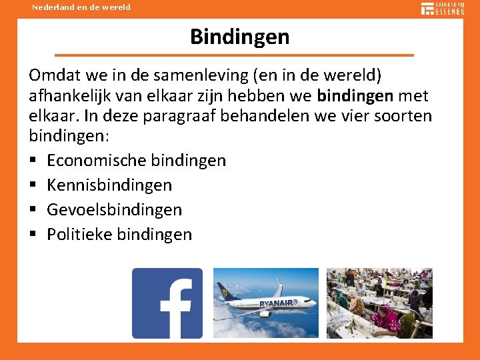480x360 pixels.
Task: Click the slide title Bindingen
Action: pos(239,37)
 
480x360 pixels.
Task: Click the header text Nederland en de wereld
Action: pos(81,7)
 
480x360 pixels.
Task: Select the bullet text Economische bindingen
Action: pos(136,161)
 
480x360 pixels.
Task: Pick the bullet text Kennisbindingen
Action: pos(109,185)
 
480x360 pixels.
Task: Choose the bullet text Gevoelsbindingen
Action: pos(114,210)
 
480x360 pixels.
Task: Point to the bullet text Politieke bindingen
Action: pos(119,235)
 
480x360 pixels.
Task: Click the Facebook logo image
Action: pos(167,303)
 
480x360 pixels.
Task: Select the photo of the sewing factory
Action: pos(379,303)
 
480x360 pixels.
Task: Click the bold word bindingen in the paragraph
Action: pos(355,95)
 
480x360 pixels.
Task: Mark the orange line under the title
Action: pos(234,55)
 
